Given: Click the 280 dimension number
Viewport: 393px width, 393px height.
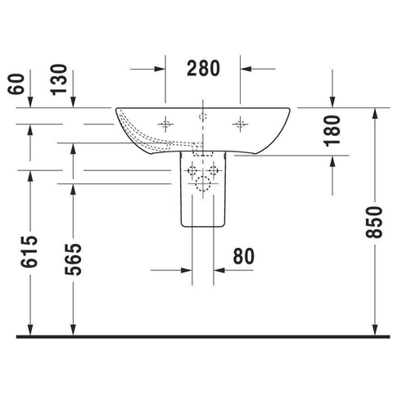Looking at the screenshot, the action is point(203,68).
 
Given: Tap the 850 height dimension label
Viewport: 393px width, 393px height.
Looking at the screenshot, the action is point(374,223).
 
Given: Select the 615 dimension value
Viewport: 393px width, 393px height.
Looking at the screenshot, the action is point(29,251).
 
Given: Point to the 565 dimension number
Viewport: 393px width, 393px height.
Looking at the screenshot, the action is point(73,260).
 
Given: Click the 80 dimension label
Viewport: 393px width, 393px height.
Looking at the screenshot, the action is point(244,256).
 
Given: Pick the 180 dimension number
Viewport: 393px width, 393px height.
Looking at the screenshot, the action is point(332,131).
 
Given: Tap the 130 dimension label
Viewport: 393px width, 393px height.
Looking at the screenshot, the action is point(59,79).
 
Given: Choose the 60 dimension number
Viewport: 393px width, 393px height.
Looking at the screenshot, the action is point(16,84).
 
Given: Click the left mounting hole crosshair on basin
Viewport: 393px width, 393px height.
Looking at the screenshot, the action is point(165,124).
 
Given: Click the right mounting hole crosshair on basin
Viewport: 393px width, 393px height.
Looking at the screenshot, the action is point(240,124).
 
